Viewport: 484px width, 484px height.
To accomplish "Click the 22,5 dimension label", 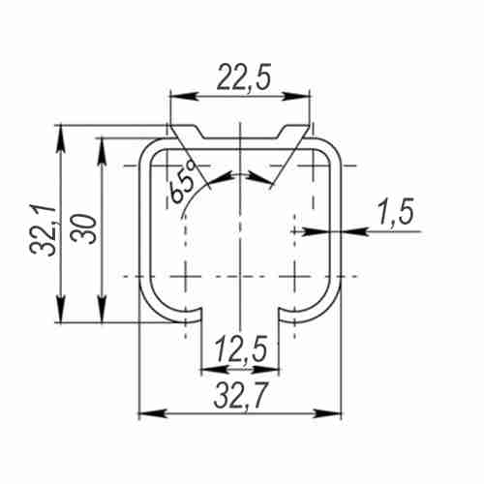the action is point(244,76).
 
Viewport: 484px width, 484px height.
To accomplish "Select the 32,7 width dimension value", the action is point(240,396).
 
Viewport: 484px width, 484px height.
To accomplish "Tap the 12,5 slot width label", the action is point(241,349).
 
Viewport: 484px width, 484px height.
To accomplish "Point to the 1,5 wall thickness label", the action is point(396,211).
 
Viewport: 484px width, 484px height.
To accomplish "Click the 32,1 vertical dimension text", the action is point(44,230).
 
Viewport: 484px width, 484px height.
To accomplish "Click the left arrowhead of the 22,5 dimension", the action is point(183,96).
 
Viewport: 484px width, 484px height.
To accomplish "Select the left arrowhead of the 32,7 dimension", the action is point(153,413).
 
